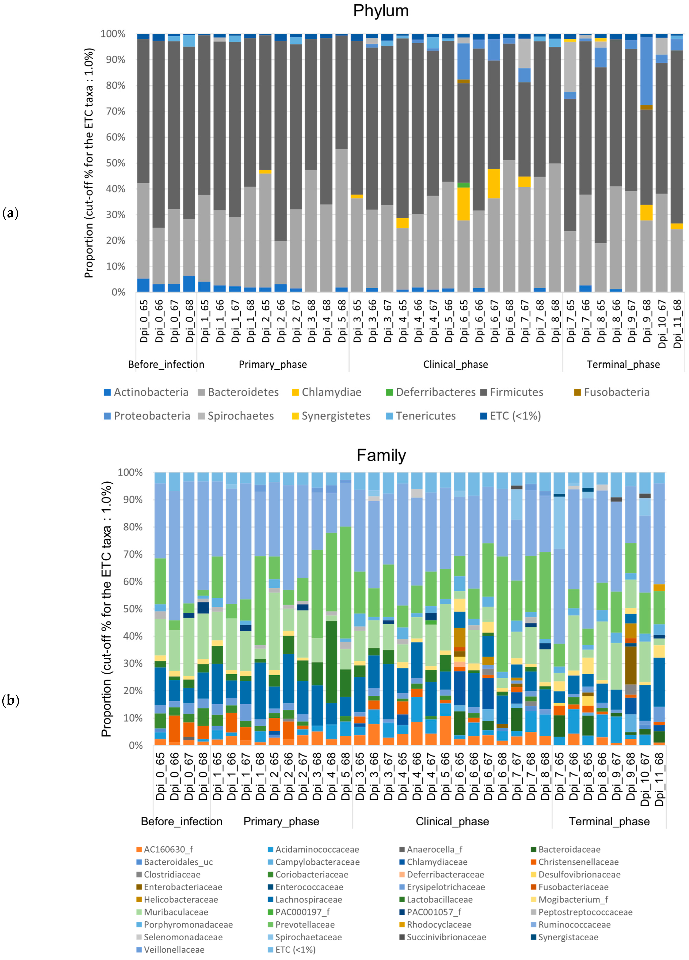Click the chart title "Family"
pyautogui.click(x=381, y=456)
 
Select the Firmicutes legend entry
pyautogui.click(x=516, y=392)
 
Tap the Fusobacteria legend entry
pyautogui.click(x=616, y=392)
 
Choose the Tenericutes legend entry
pyautogui.click(x=425, y=416)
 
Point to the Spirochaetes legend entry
pyautogui.click(x=240, y=416)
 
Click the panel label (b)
pyautogui.click(x=11, y=701)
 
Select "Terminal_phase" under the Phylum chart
pyautogui.click(x=623, y=364)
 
